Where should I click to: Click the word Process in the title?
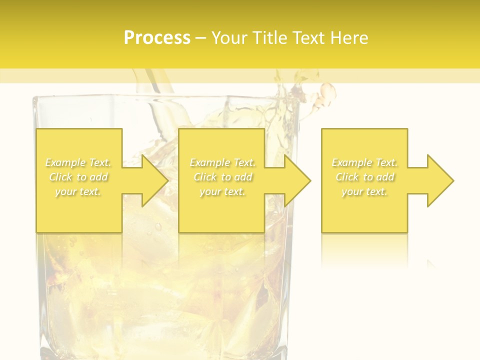157,37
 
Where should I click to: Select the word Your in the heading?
229,37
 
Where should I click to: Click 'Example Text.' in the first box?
78,162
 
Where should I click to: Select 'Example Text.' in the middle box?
222,162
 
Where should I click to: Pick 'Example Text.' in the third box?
364,162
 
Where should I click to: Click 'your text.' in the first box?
78,191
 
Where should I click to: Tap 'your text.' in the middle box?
222,191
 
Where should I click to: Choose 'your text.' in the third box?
364,191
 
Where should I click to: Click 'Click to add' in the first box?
78,177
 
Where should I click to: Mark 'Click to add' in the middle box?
222,177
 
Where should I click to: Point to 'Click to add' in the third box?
364,177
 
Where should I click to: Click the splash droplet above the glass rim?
327,92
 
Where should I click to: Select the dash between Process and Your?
200,38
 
